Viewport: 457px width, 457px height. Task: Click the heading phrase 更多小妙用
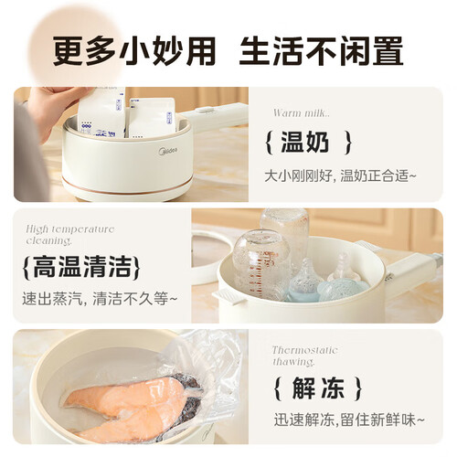[134, 51]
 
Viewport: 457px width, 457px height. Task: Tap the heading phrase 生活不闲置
[322, 51]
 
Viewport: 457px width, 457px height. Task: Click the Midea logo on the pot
[168, 151]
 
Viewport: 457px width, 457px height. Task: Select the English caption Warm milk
[301, 113]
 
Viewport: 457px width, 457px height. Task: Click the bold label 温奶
[304, 142]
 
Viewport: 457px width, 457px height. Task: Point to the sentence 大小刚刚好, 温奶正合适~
[340, 175]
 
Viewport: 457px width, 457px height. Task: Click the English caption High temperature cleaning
[70, 235]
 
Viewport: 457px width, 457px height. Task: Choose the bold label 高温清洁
[81, 267]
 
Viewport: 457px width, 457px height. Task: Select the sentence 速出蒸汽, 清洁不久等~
[100, 298]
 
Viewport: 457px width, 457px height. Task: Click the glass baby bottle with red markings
[260, 262]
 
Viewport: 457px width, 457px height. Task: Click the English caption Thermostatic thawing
[304, 356]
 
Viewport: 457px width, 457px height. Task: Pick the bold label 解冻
[318, 388]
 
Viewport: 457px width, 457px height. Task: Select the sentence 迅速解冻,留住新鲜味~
[349, 420]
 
